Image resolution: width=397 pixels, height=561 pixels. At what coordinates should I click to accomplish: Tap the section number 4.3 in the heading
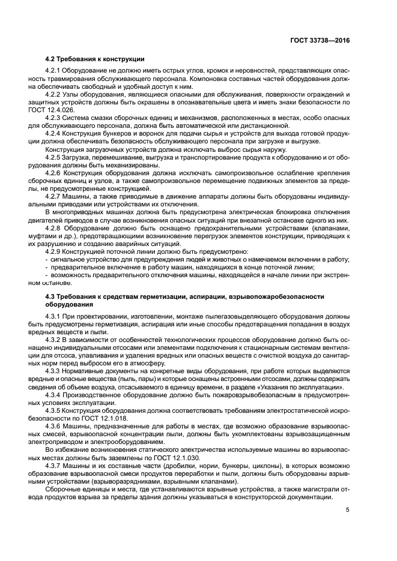click(x=51, y=296)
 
